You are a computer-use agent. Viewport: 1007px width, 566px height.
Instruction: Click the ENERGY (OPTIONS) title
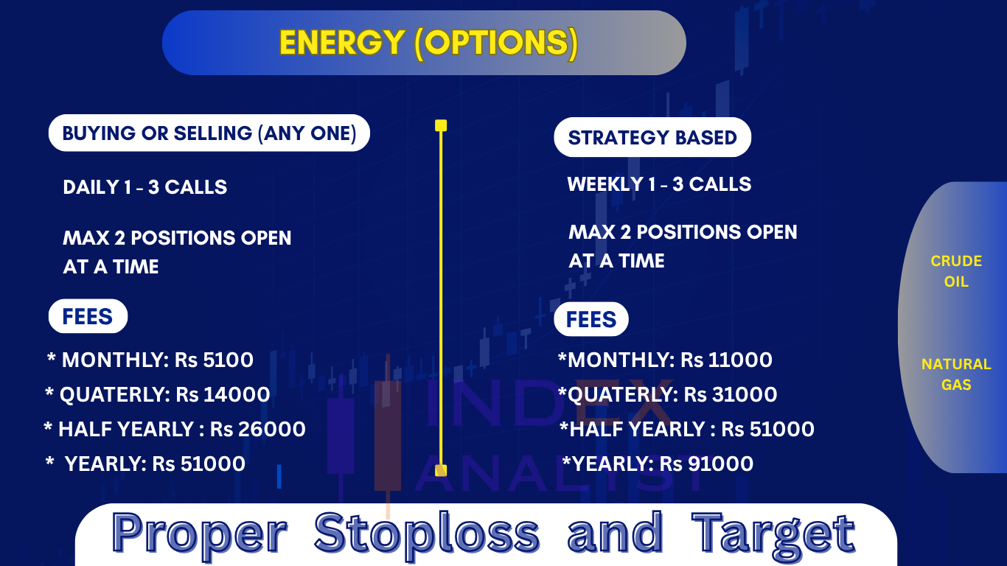[x=428, y=43]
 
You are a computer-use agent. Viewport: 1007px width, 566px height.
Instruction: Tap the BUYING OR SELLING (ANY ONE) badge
[x=209, y=133]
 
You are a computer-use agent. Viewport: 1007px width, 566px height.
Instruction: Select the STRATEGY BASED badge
[x=652, y=137]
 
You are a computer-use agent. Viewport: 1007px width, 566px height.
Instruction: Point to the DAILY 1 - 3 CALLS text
[x=144, y=187]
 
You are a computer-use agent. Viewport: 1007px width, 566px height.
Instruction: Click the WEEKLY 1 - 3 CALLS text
[x=659, y=184]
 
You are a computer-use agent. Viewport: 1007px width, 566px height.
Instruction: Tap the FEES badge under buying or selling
[x=88, y=316]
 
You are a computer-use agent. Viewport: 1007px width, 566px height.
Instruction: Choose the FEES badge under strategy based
[x=591, y=319]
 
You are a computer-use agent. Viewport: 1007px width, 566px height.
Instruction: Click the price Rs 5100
[x=214, y=360]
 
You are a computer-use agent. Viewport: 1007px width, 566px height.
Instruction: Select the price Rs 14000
[x=223, y=395]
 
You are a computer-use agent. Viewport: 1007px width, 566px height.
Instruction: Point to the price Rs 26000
[x=257, y=430]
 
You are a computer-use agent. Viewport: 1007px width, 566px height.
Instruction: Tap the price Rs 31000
[x=731, y=395]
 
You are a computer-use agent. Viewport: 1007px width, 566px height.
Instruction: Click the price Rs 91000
[x=707, y=464]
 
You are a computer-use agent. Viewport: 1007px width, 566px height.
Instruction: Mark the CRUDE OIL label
[x=956, y=271]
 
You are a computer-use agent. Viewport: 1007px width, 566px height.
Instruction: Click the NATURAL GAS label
[x=956, y=374]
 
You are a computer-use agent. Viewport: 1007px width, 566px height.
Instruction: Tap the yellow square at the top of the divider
[x=441, y=125]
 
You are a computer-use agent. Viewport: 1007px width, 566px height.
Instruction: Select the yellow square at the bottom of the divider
[x=441, y=470]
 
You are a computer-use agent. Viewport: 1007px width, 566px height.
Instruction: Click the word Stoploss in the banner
[x=427, y=534]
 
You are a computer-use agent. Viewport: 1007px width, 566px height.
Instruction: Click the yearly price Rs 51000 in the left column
[x=199, y=464]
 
